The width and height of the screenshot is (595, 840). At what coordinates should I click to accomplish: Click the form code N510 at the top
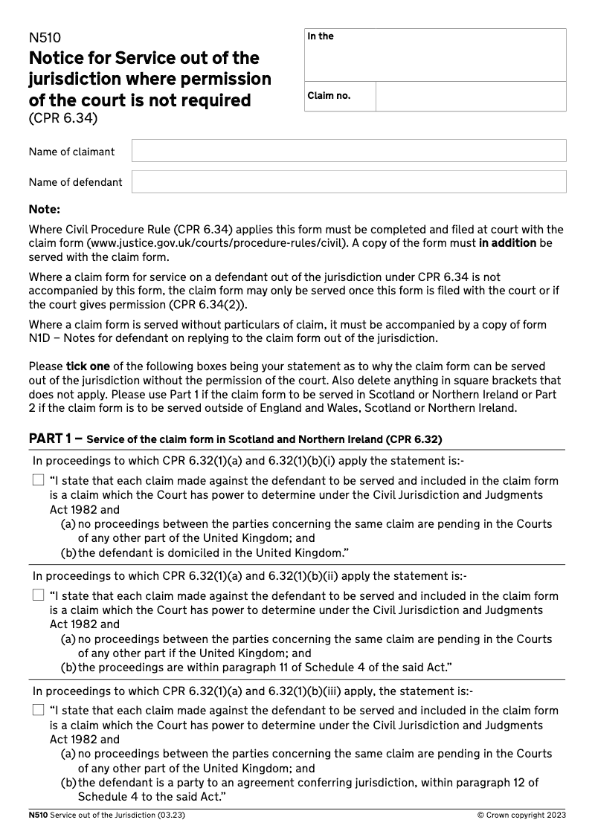[x=45, y=39]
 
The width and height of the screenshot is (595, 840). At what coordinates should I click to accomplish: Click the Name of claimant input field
[x=348, y=151]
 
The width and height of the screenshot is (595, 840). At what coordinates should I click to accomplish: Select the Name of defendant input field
[x=348, y=182]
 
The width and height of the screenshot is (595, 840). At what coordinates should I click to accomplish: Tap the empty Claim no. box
[x=470, y=97]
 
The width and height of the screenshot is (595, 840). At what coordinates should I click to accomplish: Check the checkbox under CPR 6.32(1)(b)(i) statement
[x=39, y=481]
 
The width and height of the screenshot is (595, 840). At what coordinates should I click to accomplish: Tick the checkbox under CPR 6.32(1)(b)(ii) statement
[x=39, y=595]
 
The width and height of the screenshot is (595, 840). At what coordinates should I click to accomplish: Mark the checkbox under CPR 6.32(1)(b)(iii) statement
[x=39, y=711]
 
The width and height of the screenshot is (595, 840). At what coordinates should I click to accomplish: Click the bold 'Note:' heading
[x=44, y=210]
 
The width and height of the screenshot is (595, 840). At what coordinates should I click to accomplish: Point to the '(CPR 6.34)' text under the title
[x=63, y=118]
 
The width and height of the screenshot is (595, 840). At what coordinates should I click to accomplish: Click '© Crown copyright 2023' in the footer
[x=521, y=815]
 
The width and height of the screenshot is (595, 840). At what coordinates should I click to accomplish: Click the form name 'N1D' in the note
[x=39, y=338]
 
